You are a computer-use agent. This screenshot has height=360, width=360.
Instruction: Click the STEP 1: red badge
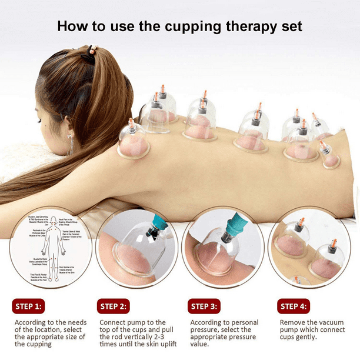(x=28, y=306)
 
